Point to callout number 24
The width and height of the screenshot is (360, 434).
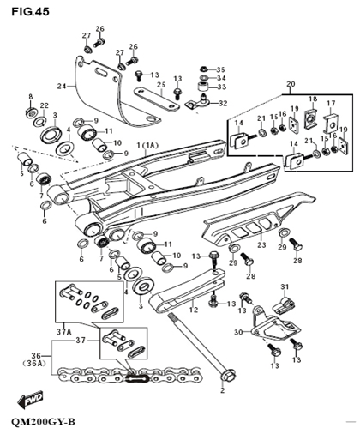61,87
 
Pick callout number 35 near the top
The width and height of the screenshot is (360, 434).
220,69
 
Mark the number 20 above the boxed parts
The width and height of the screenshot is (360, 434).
289,84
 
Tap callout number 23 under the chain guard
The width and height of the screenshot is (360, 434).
261,245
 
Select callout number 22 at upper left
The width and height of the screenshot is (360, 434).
44,105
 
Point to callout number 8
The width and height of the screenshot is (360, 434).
31,97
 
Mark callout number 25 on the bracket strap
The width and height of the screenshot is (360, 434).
160,86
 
